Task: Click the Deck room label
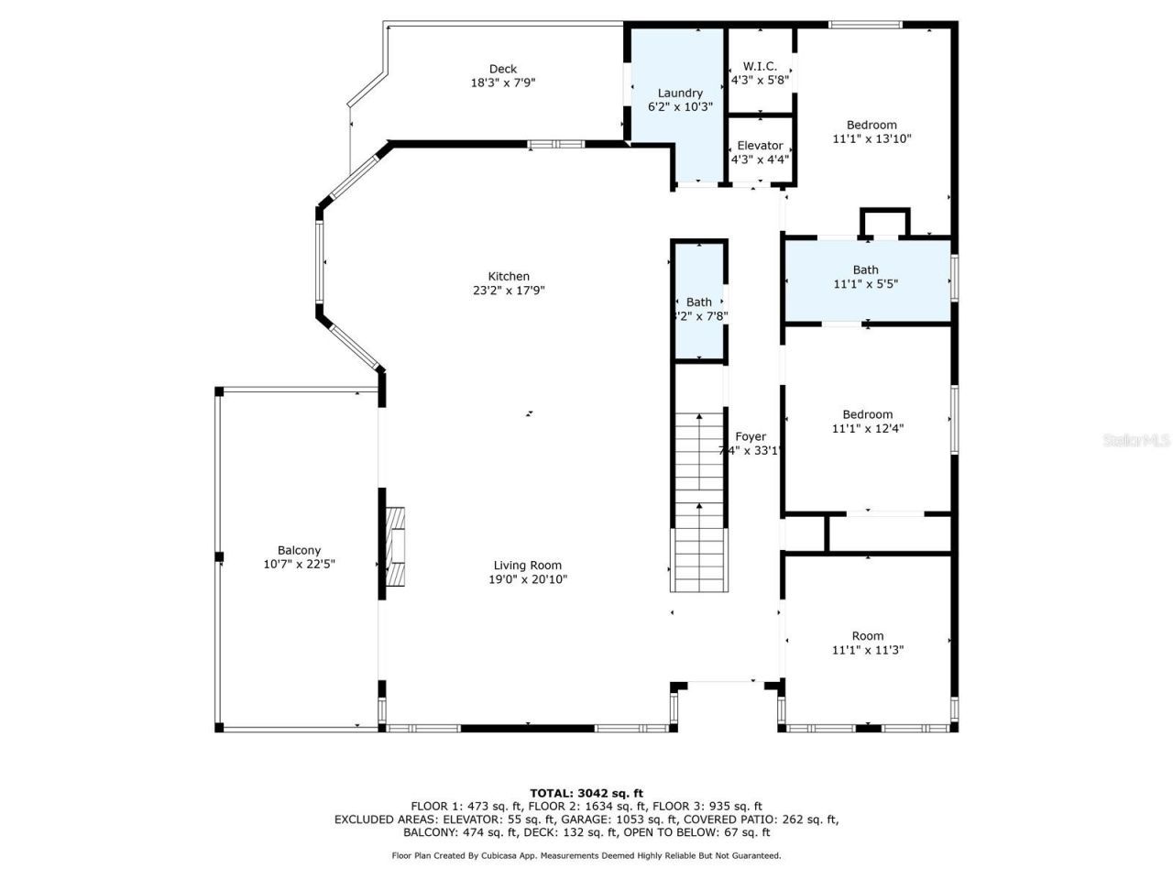(x=502, y=69)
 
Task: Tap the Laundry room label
(x=680, y=93)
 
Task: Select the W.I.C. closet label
(x=760, y=66)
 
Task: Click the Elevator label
(x=760, y=146)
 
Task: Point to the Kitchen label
(x=509, y=276)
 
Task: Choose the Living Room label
(x=527, y=566)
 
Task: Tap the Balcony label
(x=299, y=551)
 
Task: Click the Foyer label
(x=751, y=437)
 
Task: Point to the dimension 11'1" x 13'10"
(x=872, y=139)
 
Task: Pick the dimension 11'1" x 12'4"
(x=868, y=429)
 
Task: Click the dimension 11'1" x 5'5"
(x=866, y=284)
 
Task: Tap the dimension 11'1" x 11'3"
(x=868, y=650)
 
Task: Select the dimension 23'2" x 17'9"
(x=509, y=291)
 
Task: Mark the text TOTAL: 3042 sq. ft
(x=586, y=793)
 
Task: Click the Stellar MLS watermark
(x=1136, y=441)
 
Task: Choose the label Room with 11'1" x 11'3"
(x=868, y=636)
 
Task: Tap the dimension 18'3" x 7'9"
(x=502, y=82)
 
